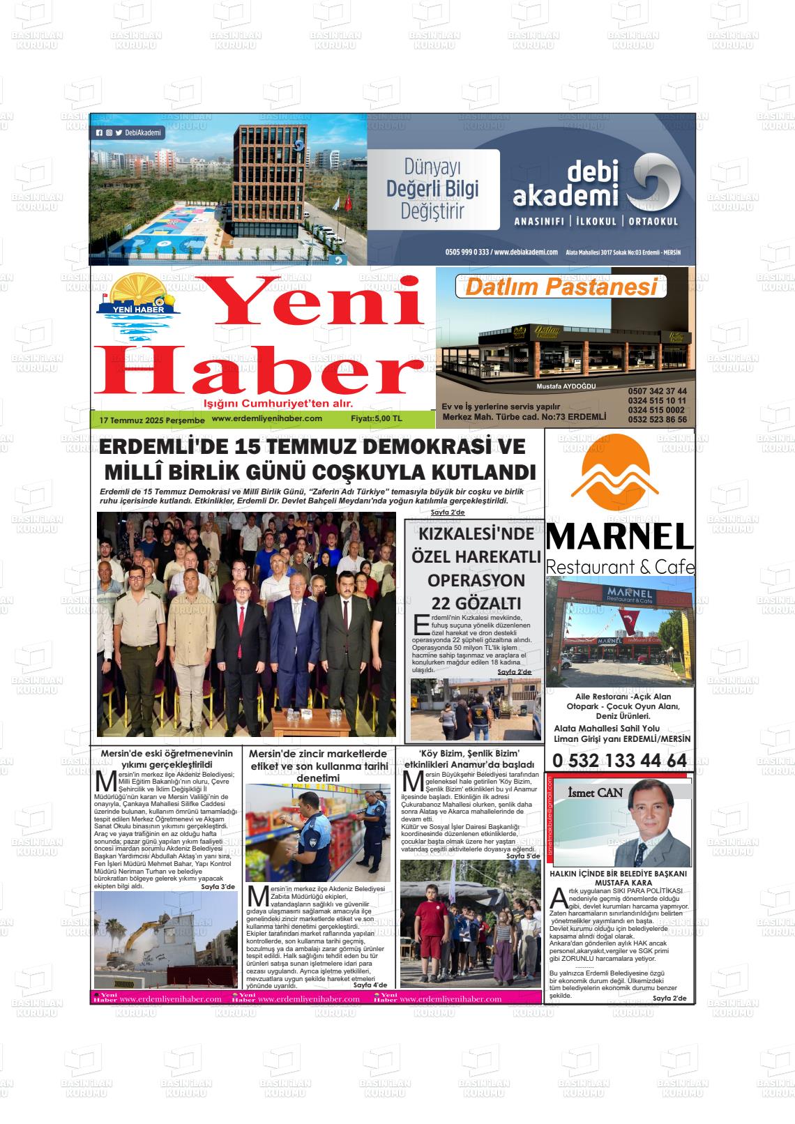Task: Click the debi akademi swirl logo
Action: pos(653,183)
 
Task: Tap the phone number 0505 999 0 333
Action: pos(467,252)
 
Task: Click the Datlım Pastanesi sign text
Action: pos(561,287)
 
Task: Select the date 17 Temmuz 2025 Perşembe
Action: pos(152,420)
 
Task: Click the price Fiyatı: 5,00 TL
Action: pos(377,419)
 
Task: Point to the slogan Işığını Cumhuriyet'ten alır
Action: pos(278,404)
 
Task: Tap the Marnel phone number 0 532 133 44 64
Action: pos(619,761)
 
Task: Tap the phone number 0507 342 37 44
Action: pos(657,391)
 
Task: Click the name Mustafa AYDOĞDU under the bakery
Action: pos(566,386)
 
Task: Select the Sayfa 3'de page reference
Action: pos(218,887)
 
